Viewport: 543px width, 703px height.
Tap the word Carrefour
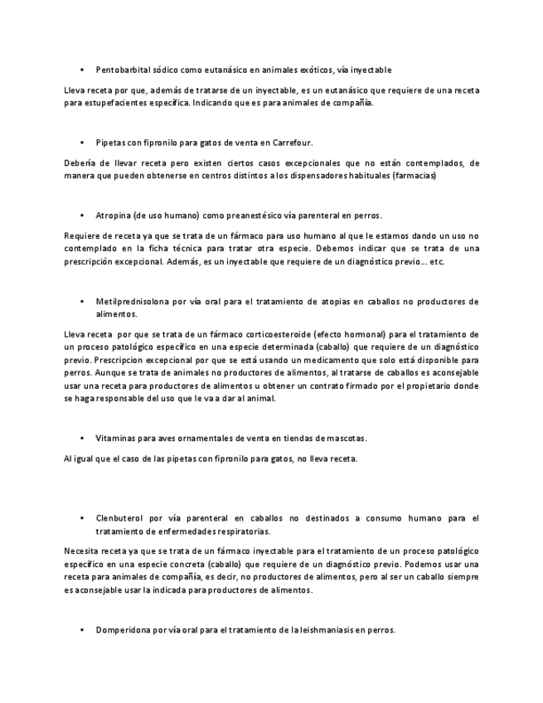(290, 143)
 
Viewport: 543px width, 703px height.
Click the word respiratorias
(235, 531)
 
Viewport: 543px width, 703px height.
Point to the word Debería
(81, 163)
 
